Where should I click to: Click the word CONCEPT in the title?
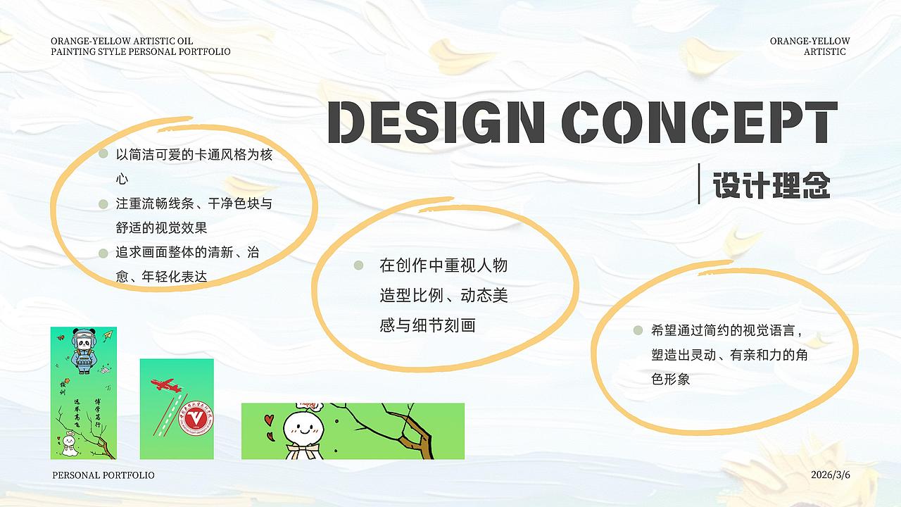point(702,122)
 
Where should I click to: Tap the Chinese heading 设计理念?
point(771,185)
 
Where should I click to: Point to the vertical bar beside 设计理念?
point(699,184)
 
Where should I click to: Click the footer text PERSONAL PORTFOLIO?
point(103,475)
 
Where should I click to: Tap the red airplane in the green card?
point(165,384)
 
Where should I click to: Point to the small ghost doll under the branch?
point(68,444)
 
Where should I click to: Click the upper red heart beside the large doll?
point(270,420)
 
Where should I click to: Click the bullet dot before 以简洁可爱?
point(103,154)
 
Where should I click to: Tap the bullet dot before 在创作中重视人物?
point(358,265)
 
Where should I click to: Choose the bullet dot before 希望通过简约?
point(638,330)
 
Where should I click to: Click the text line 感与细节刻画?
point(427,325)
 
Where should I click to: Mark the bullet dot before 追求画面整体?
point(103,251)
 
